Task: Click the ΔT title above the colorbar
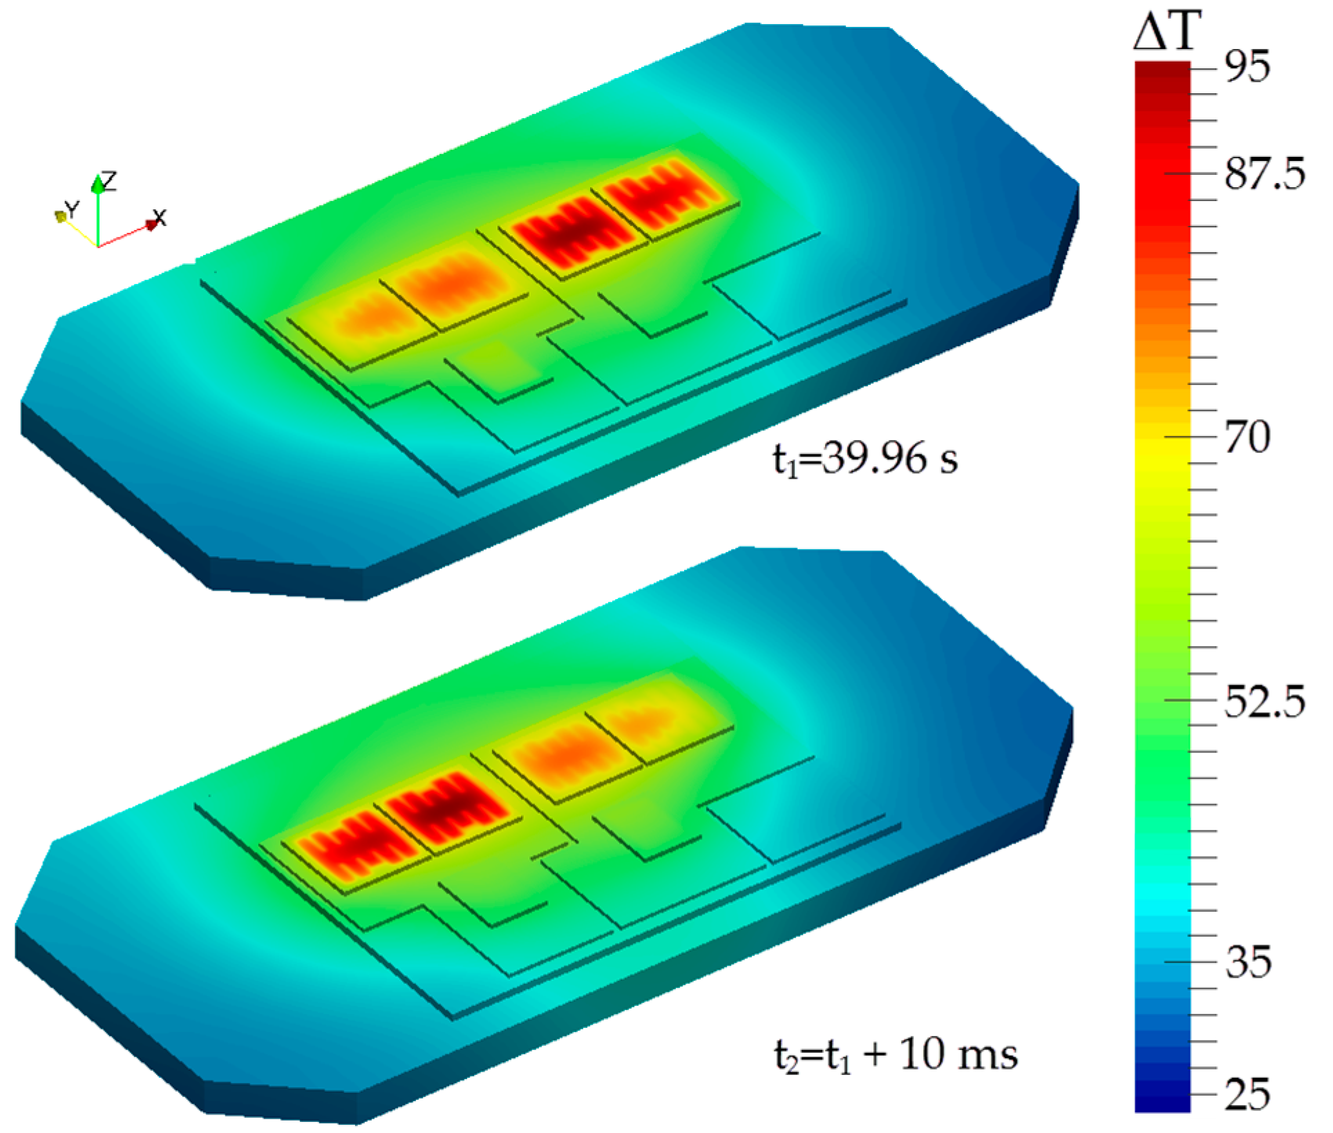click(1166, 30)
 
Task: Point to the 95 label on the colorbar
click(1247, 68)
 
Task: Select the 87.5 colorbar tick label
click(1265, 173)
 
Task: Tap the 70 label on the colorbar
click(1247, 437)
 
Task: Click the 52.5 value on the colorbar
click(1265, 701)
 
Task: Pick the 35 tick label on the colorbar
click(1248, 962)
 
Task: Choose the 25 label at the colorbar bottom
click(1248, 1094)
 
